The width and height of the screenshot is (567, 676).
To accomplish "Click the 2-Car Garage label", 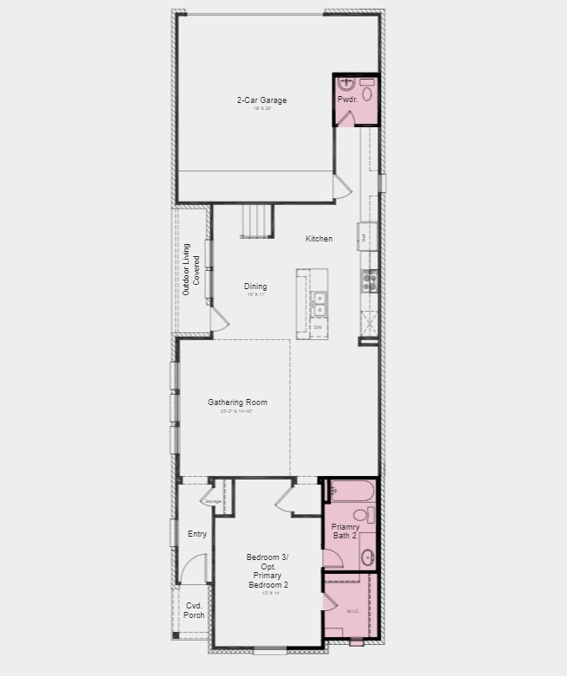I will tap(261, 100).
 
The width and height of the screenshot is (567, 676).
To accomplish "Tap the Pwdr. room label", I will tap(347, 100).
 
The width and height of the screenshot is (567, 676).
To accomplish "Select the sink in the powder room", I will tap(347, 84).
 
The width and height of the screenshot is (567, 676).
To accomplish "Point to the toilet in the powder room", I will tap(366, 92).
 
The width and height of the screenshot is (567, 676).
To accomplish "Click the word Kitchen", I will tap(319, 239).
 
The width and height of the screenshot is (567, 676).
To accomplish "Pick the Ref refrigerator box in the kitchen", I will tap(364, 236).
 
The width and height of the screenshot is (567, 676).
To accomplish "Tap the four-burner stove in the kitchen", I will tap(368, 280).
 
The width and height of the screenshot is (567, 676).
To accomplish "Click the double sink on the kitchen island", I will tap(319, 304).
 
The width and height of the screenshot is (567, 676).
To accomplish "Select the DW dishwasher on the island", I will tap(318, 327).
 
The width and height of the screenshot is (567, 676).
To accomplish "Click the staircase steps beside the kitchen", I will tap(257, 221).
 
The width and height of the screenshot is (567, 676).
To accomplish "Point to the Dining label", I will tap(255, 286).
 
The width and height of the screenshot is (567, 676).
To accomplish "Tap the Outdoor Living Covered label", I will tap(190, 270).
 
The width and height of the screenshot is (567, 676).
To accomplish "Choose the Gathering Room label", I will tap(237, 402).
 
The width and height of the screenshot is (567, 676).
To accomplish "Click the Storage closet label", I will tap(213, 502).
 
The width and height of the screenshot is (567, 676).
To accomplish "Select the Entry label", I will tap(197, 534).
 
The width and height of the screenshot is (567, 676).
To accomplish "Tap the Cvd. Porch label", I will tap(195, 610).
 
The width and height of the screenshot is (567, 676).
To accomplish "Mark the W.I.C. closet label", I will tap(352, 611).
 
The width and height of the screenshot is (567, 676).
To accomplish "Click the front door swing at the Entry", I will tap(197, 571).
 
